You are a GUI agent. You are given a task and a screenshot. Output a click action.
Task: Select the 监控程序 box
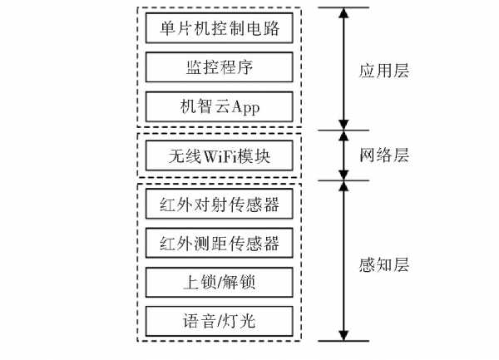[x=218, y=67]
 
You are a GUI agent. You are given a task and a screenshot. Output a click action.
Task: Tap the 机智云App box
[x=218, y=106]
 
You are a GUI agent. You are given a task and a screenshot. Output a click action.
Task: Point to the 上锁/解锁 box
[x=218, y=282]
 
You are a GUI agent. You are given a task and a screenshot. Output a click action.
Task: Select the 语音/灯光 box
[x=218, y=321]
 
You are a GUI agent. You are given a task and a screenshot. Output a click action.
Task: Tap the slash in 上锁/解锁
[x=218, y=282]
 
